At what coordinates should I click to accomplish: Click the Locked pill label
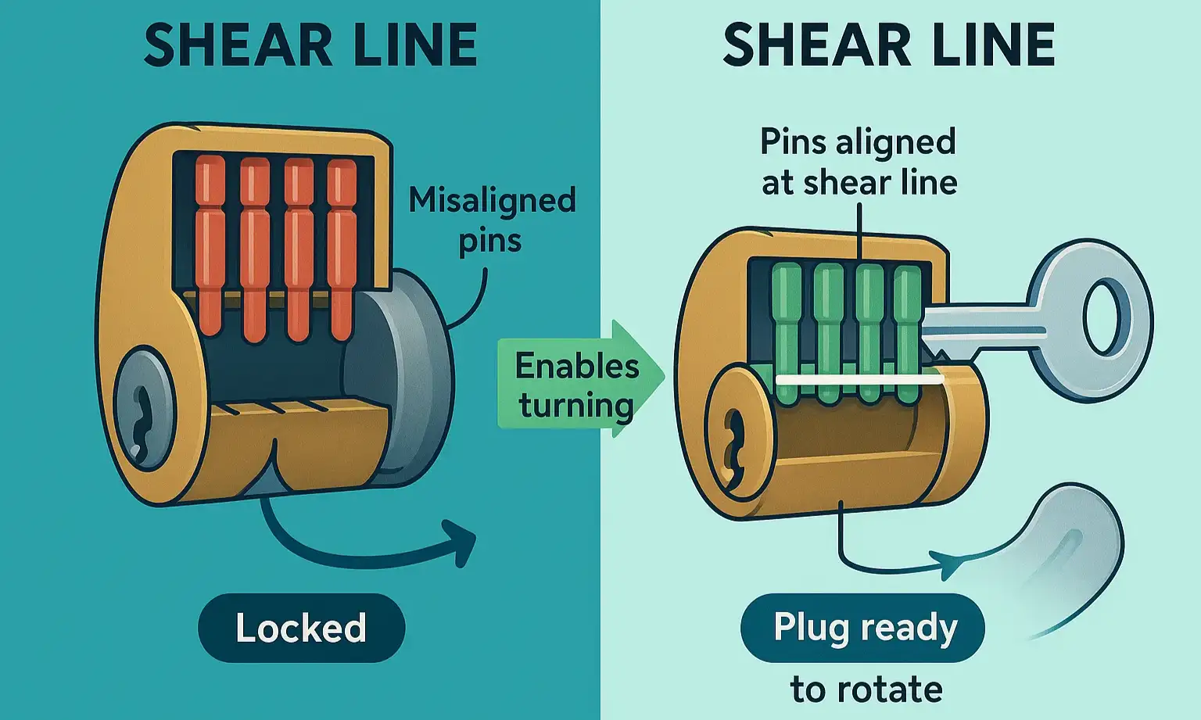tap(301, 628)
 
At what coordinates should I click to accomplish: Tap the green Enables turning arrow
tap(579, 384)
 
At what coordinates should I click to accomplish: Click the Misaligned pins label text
tap(492, 220)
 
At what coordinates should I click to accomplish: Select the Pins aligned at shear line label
tap(859, 162)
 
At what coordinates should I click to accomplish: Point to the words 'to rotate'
tap(866, 690)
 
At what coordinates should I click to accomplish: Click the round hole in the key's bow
tap(1105, 319)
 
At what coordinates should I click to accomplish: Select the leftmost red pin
tap(210, 242)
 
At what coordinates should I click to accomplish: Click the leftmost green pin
tap(787, 328)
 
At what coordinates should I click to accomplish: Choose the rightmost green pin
tap(907, 328)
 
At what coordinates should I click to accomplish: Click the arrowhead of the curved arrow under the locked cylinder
tap(461, 539)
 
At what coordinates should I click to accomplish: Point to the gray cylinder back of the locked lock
tap(414, 375)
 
